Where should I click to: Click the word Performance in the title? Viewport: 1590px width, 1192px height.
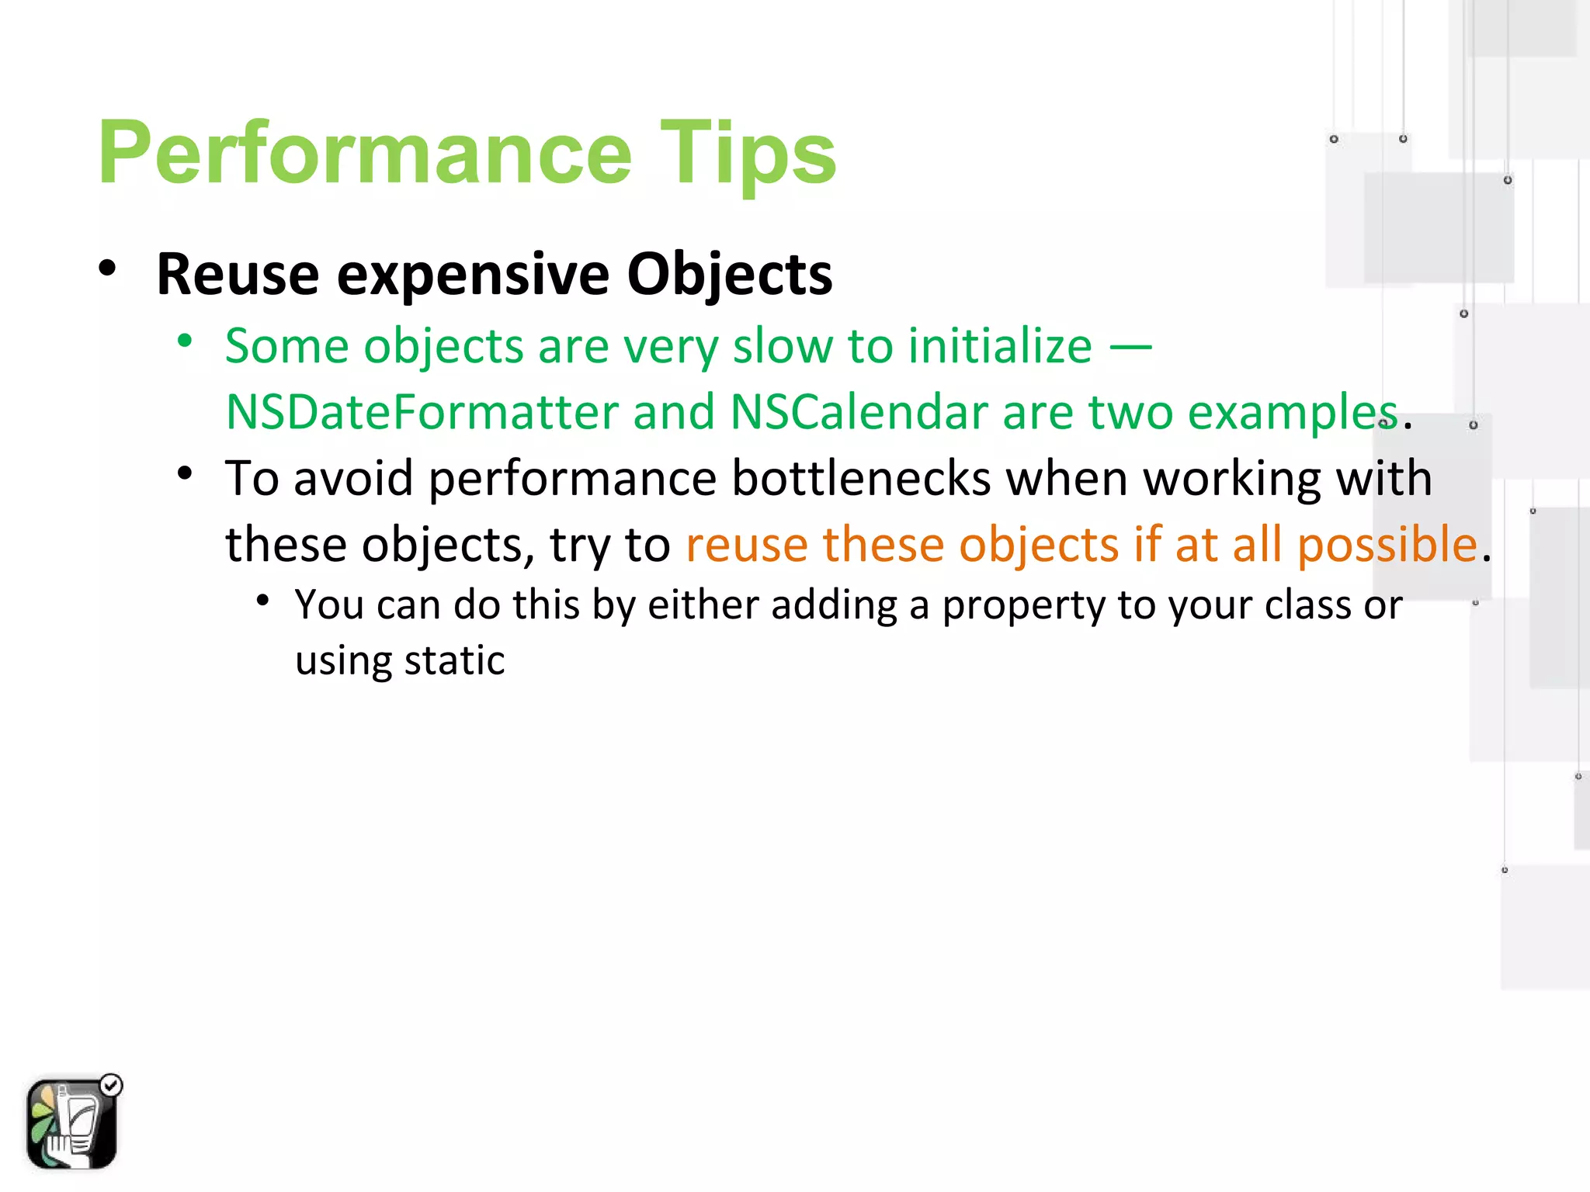point(365,154)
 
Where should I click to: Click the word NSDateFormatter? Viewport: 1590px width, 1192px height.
point(422,412)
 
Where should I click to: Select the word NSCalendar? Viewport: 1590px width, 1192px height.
point(859,412)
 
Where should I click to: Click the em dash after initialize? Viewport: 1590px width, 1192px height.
point(1130,347)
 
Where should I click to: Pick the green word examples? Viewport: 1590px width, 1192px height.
point(1293,412)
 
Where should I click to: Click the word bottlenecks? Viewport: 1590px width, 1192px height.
point(861,478)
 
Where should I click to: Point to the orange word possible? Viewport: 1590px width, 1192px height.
point(1387,544)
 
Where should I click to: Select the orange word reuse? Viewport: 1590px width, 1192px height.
point(747,544)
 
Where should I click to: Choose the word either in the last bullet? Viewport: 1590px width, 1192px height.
point(703,605)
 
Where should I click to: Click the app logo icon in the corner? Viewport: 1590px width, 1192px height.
point(71,1123)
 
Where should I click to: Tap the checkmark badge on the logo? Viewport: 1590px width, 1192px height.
point(112,1085)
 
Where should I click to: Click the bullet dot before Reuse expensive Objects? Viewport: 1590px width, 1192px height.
point(107,269)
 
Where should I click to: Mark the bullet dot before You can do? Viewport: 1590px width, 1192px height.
point(263,601)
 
